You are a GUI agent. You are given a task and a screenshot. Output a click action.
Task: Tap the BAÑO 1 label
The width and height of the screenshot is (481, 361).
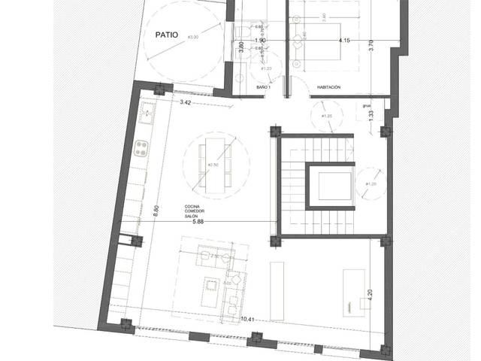click(263, 88)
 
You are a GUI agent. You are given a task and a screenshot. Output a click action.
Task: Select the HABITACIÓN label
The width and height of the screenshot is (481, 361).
click(328, 87)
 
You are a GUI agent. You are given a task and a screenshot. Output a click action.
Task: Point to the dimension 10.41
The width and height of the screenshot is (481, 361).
click(249, 320)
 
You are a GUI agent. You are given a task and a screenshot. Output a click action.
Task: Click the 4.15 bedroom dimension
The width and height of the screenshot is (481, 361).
click(345, 40)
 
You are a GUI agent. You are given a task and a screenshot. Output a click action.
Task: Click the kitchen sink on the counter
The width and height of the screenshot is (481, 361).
click(144, 115)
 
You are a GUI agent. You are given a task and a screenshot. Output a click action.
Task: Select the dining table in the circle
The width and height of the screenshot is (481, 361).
click(216, 162)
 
